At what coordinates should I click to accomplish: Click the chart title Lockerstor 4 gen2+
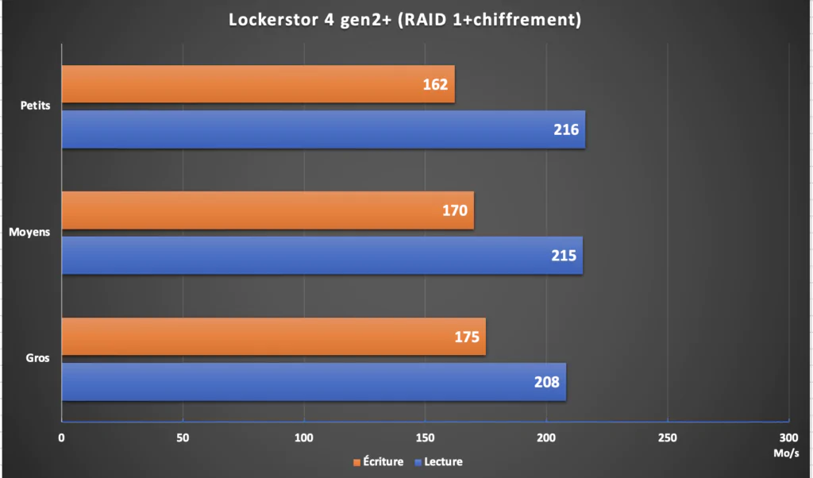click(406, 20)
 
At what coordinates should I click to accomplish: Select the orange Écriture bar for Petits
click(258, 84)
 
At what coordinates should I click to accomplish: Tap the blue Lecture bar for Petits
click(323, 129)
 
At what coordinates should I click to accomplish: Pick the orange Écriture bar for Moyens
click(268, 210)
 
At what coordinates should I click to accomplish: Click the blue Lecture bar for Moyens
click(322, 256)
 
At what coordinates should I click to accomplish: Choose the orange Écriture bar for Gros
click(273, 337)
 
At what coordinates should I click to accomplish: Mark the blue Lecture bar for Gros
click(314, 382)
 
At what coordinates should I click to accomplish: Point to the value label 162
click(436, 84)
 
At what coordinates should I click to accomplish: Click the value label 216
click(566, 129)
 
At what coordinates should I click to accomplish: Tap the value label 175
click(467, 337)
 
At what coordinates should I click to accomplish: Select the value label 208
click(547, 382)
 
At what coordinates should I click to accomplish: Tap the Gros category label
click(37, 358)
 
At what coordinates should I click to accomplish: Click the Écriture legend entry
click(378, 461)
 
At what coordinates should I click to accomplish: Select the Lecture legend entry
click(438, 461)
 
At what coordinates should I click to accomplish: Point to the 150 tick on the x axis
click(425, 438)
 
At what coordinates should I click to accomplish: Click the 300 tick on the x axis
click(788, 438)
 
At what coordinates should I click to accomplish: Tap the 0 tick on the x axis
click(61, 438)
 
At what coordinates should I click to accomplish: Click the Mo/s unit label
click(785, 454)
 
